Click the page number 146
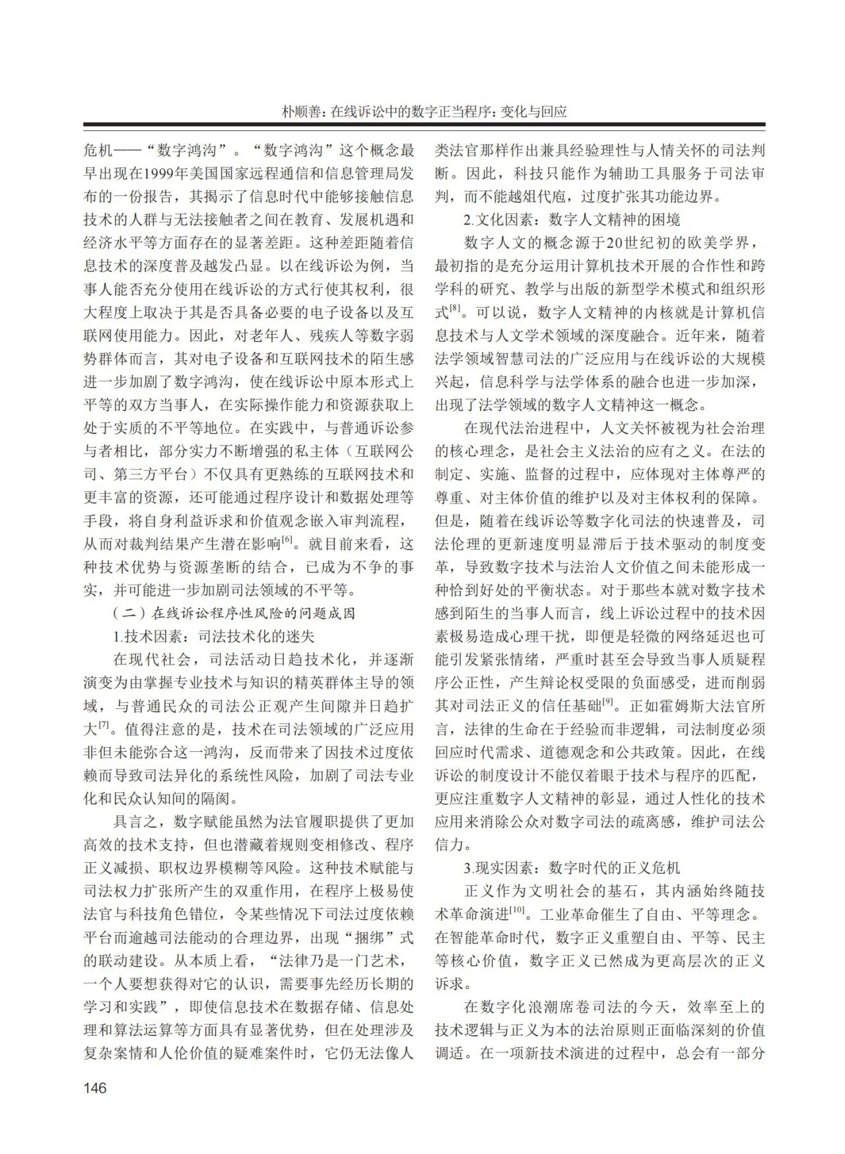click(x=95, y=1087)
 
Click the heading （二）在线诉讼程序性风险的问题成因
click(x=235, y=613)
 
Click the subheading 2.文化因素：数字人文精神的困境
click(x=572, y=219)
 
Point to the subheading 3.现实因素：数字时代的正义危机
click(x=572, y=867)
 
